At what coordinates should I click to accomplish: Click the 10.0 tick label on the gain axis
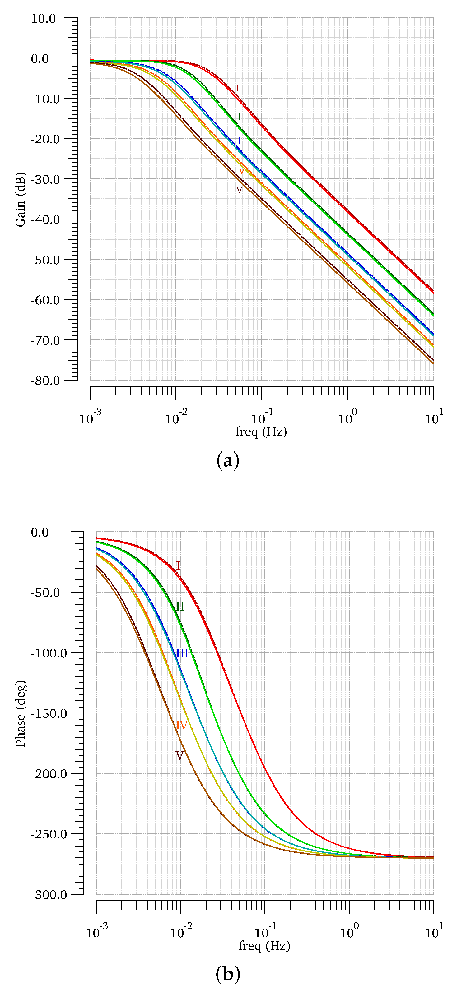[43, 18]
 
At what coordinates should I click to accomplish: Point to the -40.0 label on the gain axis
[45, 219]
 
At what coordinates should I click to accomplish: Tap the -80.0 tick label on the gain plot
[45, 381]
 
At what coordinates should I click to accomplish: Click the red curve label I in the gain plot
[237, 88]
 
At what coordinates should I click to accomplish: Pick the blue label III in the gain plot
[239, 141]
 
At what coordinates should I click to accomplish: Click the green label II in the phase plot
[179, 607]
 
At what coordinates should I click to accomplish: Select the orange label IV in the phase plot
[181, 725]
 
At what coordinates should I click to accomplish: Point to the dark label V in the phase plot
[179, 755]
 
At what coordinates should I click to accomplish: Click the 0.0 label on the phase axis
[40, 533]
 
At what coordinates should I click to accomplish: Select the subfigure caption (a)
[228, 461]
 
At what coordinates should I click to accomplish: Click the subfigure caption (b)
[228, 974]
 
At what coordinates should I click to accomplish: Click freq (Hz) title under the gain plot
[261, 432]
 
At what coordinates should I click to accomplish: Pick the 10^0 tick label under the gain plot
[347, 418]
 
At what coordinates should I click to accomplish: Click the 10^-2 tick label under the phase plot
[181, 932]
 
